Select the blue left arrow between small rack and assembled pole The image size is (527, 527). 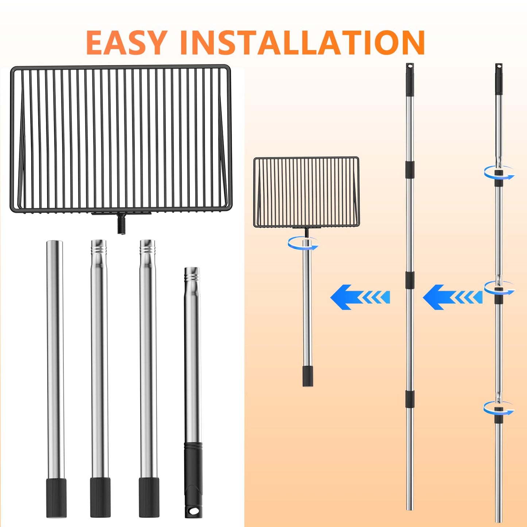[360, 297]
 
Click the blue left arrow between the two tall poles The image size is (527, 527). [453, 297]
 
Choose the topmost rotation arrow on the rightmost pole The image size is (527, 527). [499, 173]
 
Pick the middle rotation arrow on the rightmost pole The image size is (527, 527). [499, 288]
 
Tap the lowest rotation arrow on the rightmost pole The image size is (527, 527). [499, 408]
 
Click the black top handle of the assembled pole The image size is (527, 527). [410, 79]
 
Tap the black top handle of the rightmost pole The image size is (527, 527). [499, 79]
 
